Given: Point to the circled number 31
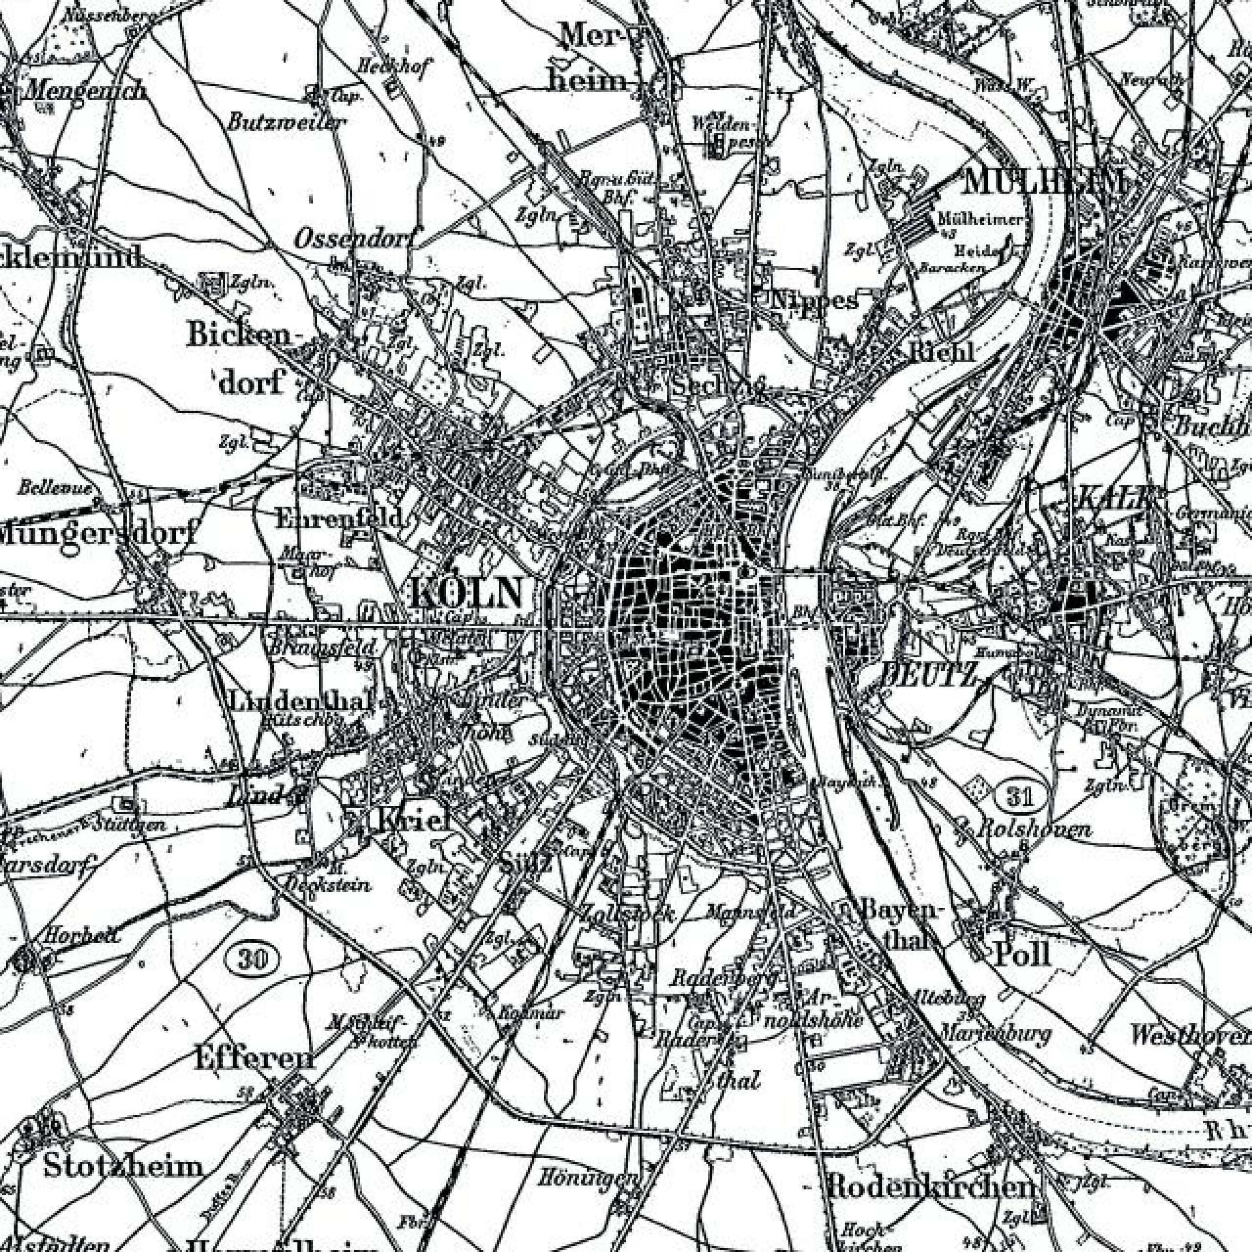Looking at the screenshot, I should pos(1020,796).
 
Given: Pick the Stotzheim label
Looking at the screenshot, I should pos(123,1166).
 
